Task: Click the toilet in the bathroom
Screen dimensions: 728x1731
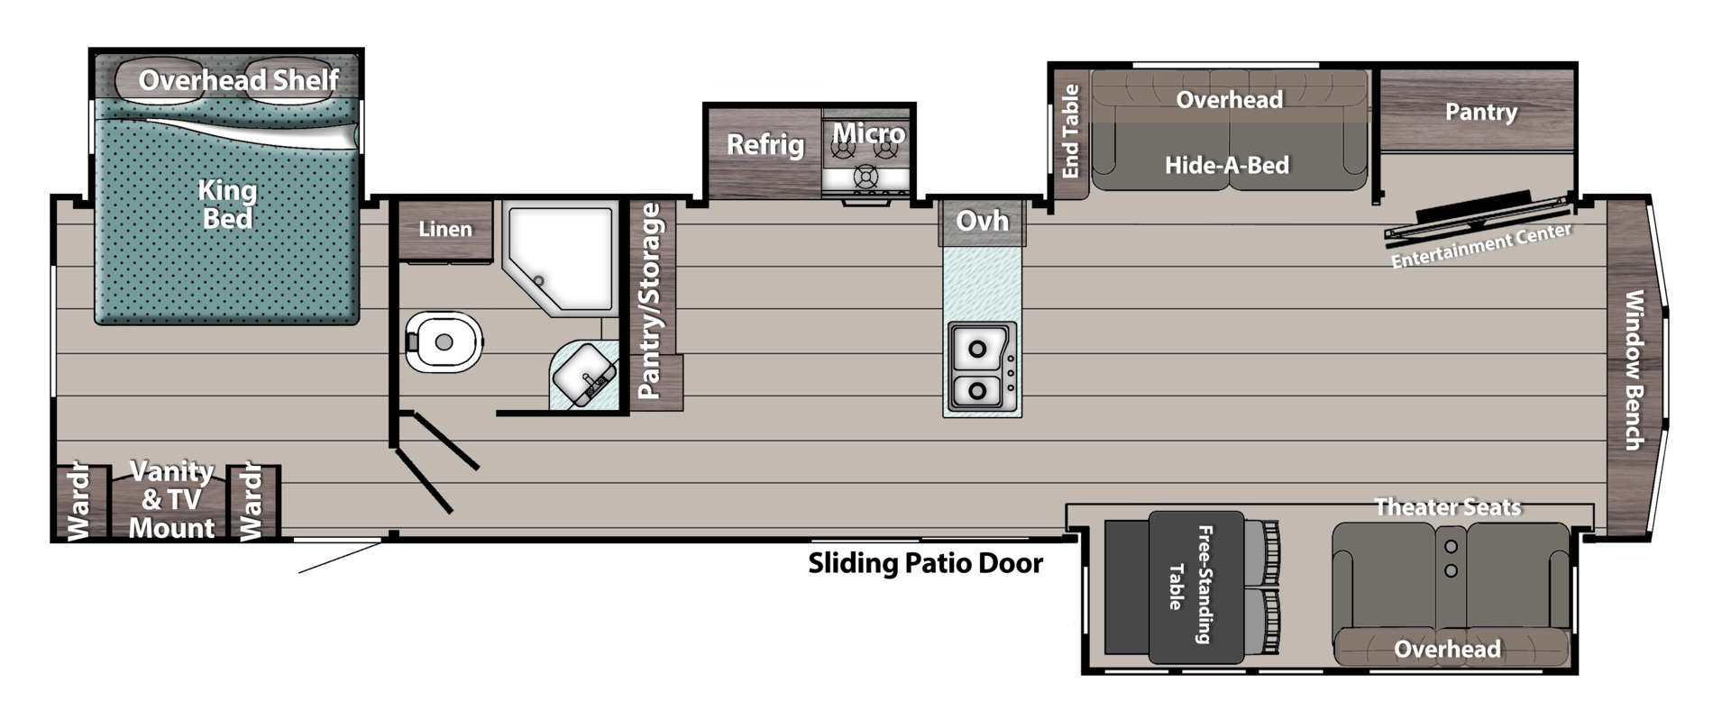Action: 443,342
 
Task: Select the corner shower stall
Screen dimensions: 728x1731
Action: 560,257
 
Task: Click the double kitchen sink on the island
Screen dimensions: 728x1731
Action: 981,368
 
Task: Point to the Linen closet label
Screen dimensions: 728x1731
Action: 445,229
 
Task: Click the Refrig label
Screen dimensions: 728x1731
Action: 765,144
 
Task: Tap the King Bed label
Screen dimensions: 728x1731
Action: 227,205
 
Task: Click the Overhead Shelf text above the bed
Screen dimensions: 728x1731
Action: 238,80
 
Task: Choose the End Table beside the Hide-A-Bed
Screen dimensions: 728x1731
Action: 1071,132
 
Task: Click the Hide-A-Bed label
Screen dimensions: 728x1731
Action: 1227,165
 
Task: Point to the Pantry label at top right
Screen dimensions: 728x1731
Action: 1480,112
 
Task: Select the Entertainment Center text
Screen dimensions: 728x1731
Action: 1480,246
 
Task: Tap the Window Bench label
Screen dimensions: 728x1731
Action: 1633,369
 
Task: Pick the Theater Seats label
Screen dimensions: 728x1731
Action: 1447,507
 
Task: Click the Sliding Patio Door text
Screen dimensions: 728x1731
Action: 925,563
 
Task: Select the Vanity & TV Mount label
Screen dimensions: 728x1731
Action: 171,499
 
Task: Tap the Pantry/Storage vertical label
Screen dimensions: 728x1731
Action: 650,301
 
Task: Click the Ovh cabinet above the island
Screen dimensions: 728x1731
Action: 982,221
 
